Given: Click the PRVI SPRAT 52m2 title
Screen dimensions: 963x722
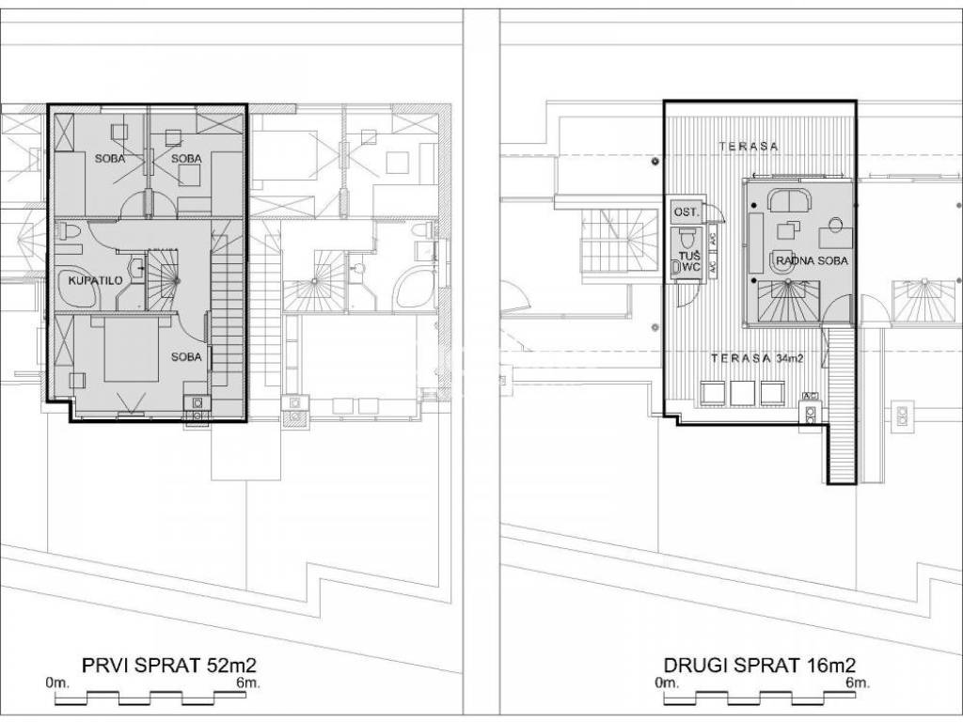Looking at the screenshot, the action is click(169, 665).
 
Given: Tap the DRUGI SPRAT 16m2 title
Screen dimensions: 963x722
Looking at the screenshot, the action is click(760, 665).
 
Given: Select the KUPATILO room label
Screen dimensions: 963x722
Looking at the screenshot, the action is click(95, 280).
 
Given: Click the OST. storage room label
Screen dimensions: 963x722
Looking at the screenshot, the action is click(686, 212).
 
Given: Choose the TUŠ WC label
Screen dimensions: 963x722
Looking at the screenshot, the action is click(688, 261).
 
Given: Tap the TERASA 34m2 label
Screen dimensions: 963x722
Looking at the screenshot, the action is click(757, 358).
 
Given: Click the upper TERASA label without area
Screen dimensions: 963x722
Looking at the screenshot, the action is click(749, 146).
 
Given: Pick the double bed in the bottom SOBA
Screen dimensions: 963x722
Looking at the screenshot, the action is click(132, 348).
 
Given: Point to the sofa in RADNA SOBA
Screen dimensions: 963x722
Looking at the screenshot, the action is click(789, 199).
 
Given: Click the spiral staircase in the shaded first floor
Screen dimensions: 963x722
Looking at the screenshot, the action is click(163, 280).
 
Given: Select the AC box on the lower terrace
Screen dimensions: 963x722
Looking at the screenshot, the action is click(810, 396).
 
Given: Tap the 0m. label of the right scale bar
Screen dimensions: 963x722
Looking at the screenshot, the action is click(667, 683).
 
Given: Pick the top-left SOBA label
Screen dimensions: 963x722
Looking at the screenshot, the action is click(110, 158).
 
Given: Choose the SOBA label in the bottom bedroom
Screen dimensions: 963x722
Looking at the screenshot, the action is click(186, 356).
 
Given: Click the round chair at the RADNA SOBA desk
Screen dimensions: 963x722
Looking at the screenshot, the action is click(835, 224).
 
